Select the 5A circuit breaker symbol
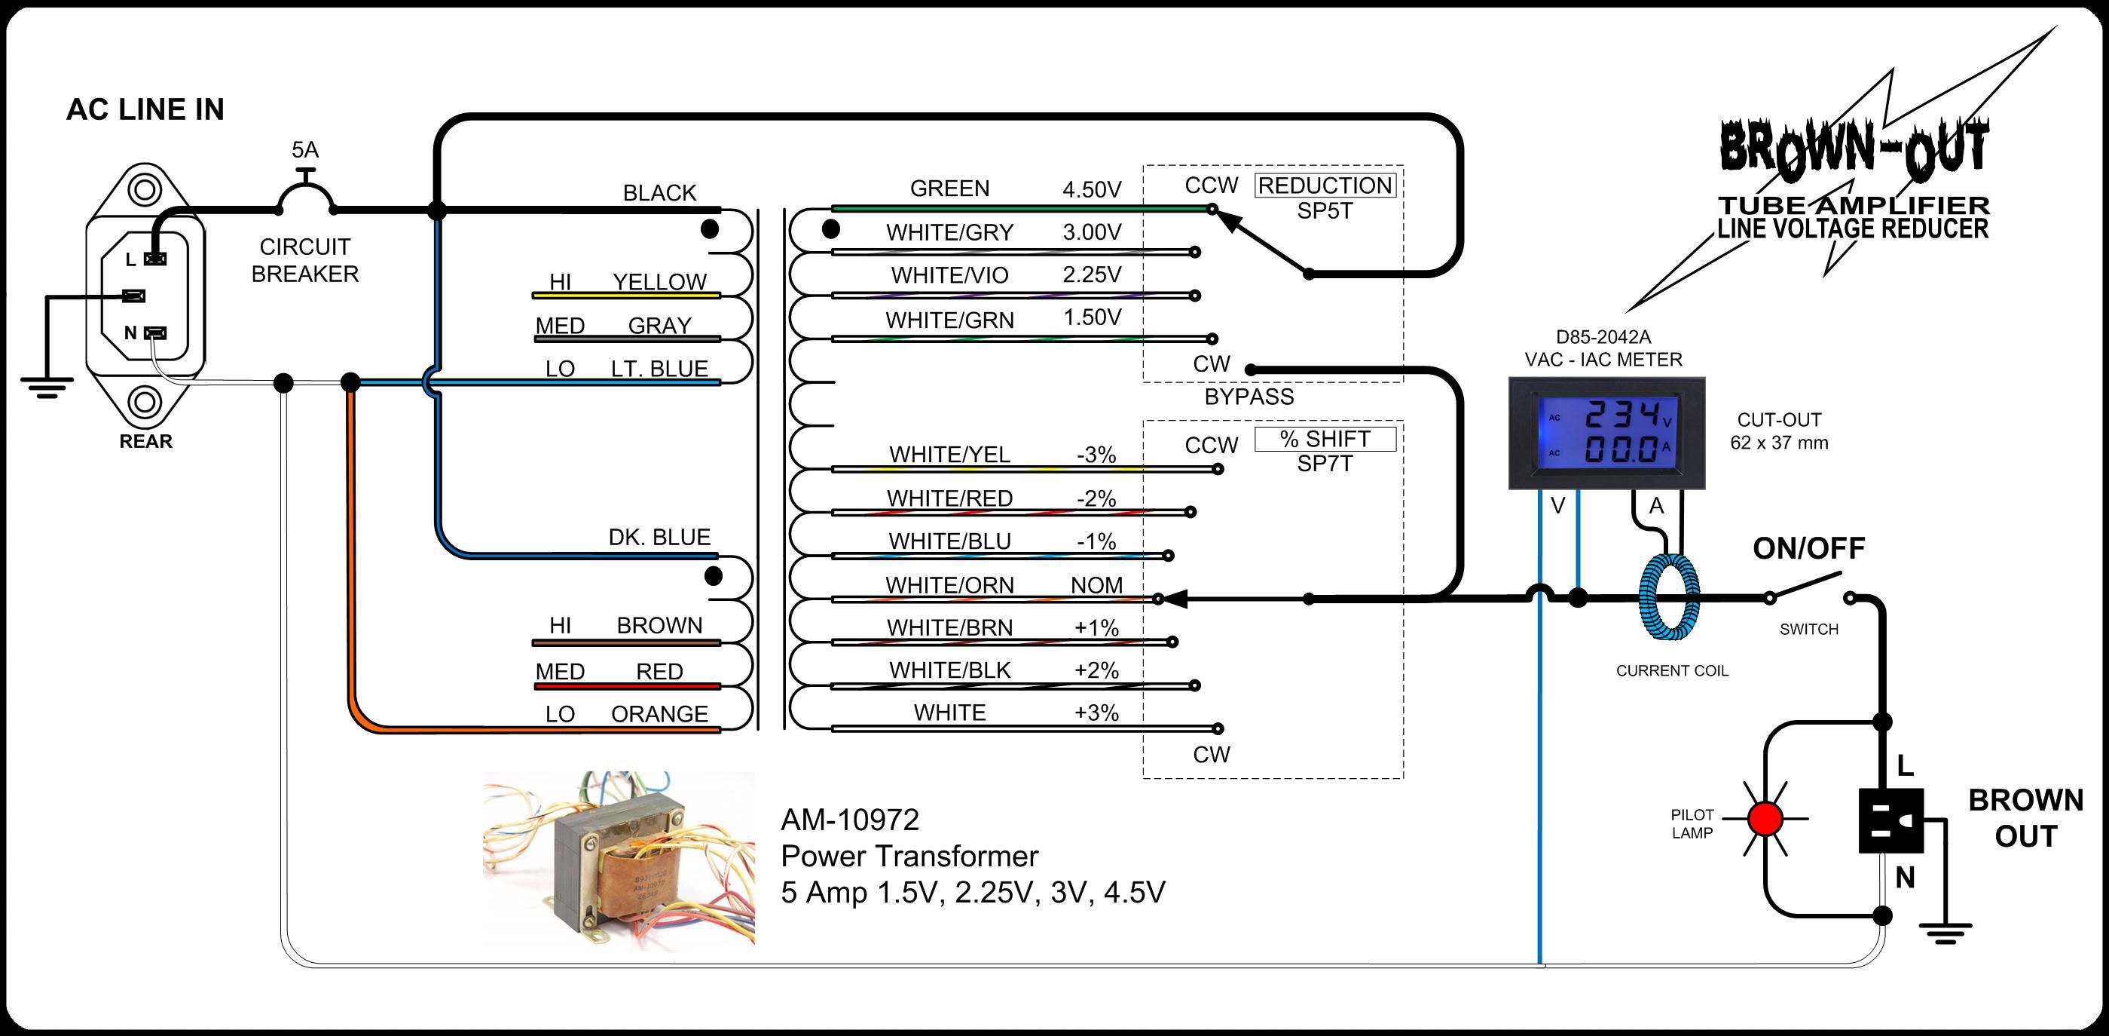tap(305, 197)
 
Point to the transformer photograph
tap(619, 860)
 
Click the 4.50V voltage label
tap(1091, 190)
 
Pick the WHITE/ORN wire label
tap(949, 586)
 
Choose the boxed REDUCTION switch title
tap(1325, 186)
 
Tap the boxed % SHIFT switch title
tap(1325, 439)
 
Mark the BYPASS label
tap(1249, 397)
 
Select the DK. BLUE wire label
tap(659, 538)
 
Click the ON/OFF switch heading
tap(1808, 549)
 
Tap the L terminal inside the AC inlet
tap(154, 259)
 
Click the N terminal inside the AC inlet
tap(154, 333)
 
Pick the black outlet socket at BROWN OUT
tap(1890, 820)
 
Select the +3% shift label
tap(1096, 713)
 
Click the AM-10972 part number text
tap(850, 820)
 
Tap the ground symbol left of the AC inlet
tap(47, 385)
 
